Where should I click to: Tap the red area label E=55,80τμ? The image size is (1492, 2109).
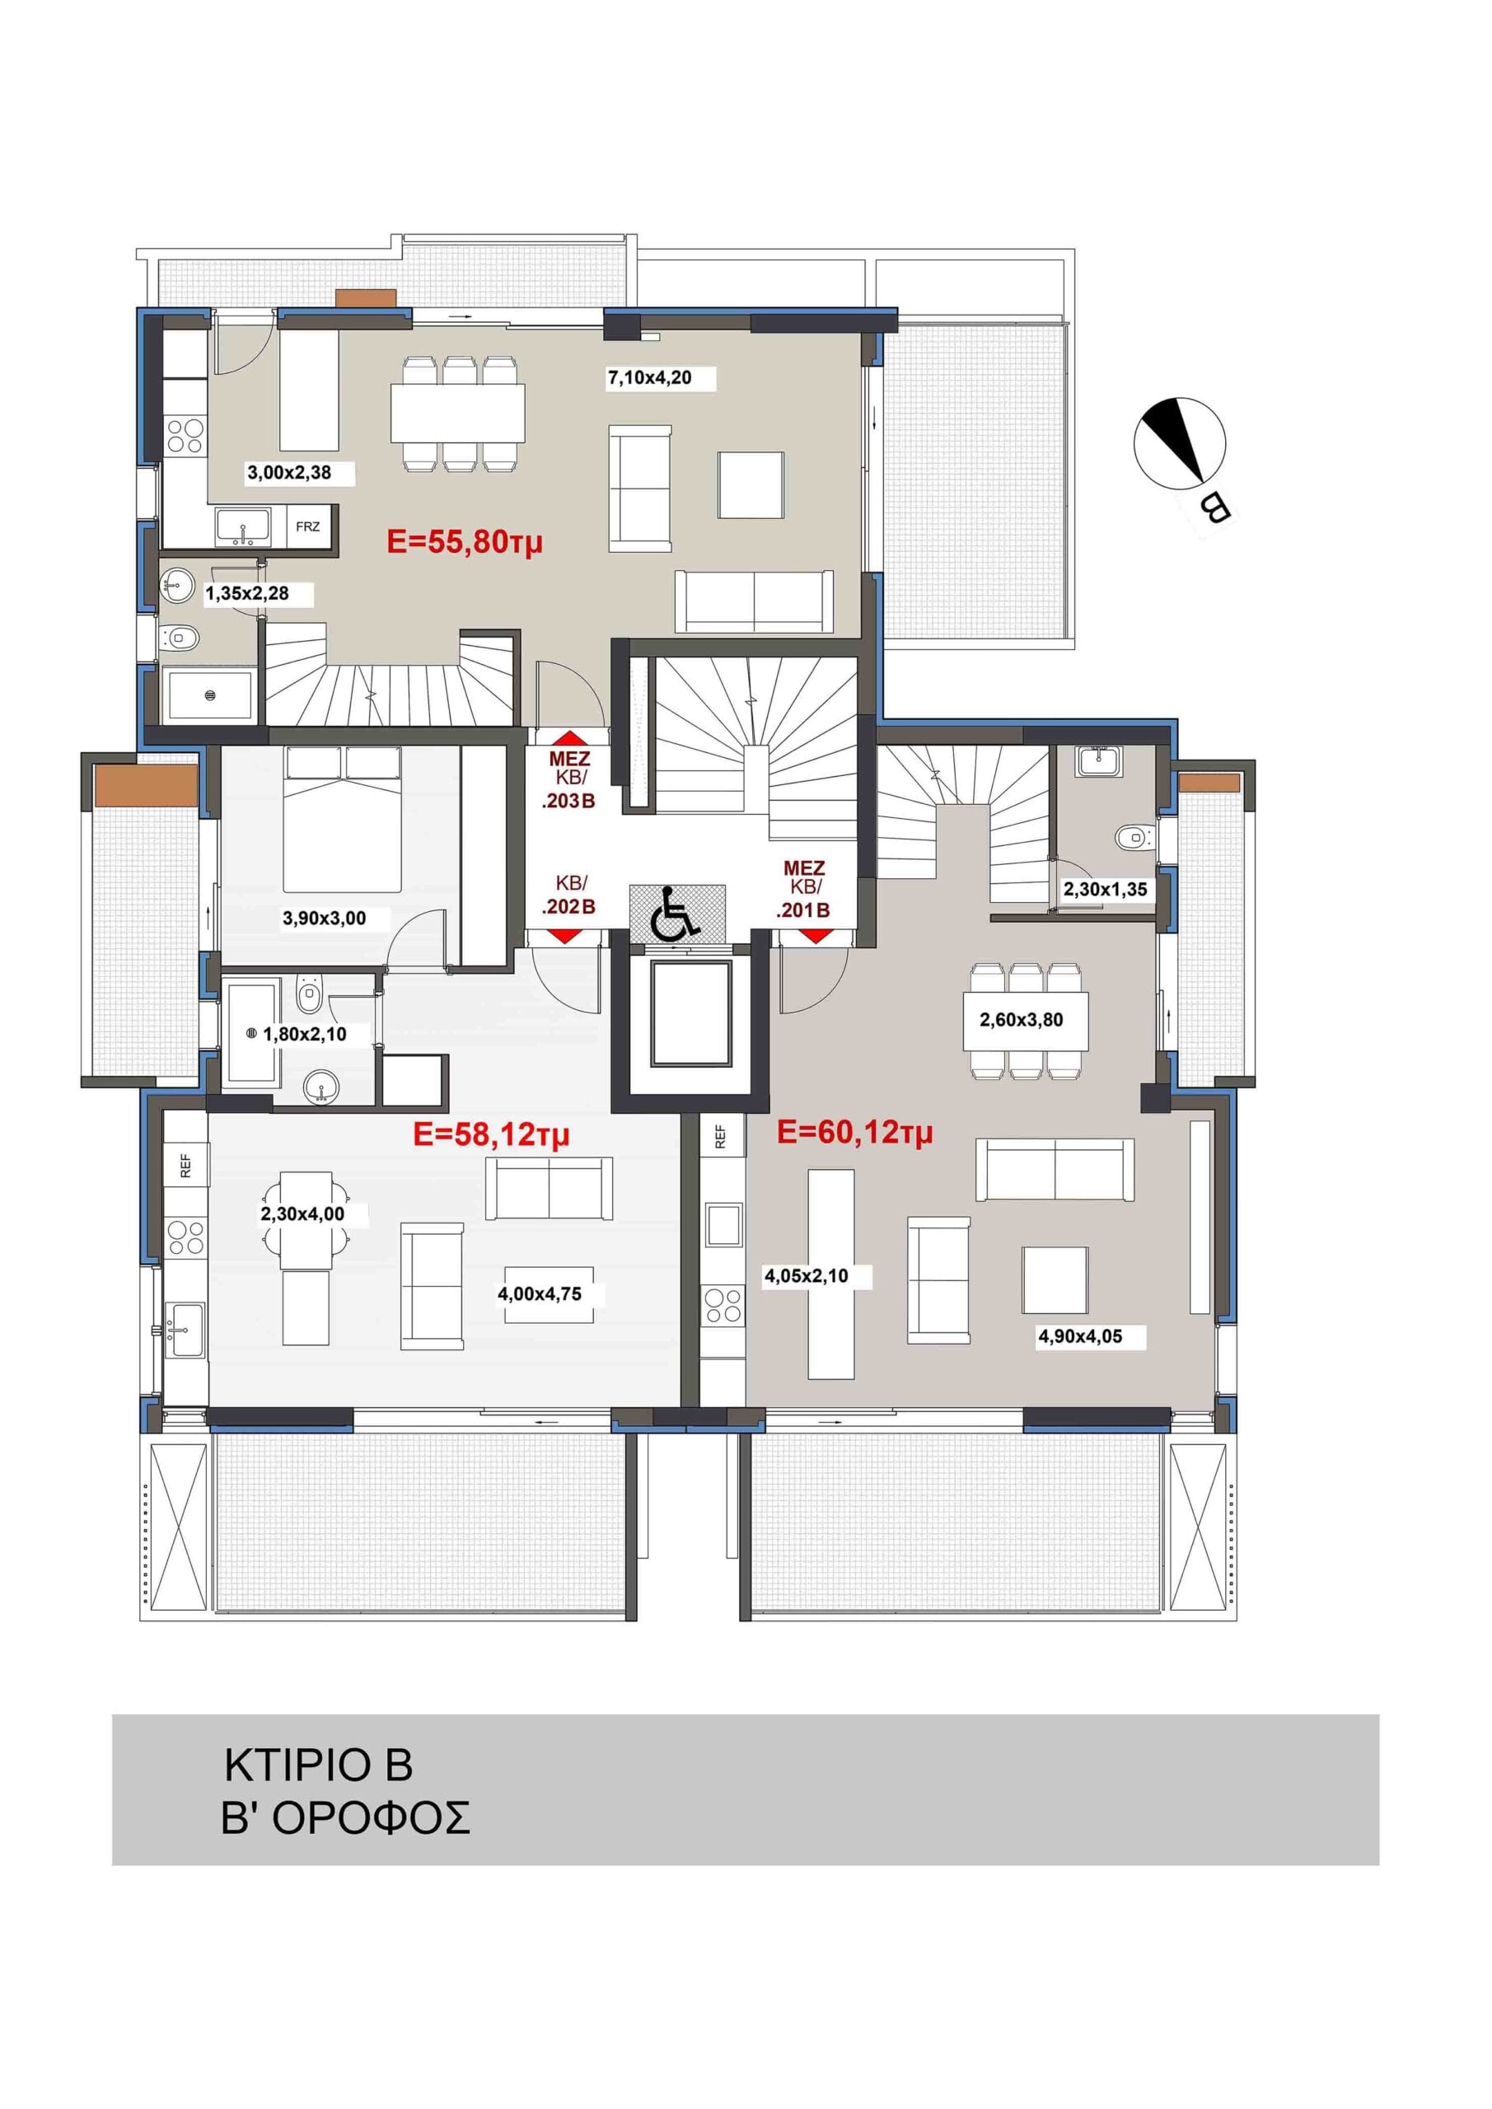(465, 542)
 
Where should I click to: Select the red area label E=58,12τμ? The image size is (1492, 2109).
(492, 1135)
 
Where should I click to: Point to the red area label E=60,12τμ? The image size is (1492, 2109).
(854, 1133)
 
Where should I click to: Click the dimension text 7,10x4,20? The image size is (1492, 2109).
(649, 377)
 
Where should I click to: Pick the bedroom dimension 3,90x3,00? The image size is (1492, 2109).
(325, 918)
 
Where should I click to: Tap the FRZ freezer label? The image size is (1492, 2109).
(308, 526)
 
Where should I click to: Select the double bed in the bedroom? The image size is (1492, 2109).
(343, 818)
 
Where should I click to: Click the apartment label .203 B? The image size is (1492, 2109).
(568, 801)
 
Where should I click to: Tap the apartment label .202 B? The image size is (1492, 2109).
(568, 906)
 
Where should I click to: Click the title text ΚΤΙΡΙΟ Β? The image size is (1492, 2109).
(319, 1765)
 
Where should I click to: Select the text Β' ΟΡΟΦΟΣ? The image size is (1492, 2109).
(345, 1818)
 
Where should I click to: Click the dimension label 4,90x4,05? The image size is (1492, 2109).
(1080, 1336)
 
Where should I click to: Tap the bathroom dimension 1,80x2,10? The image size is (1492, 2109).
(305, 1034)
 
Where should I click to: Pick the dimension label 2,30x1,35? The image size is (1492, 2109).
(1106, 889)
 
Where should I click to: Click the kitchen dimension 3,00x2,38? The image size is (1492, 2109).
(289, 473)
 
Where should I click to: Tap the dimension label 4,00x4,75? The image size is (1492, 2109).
(540, 1294)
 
